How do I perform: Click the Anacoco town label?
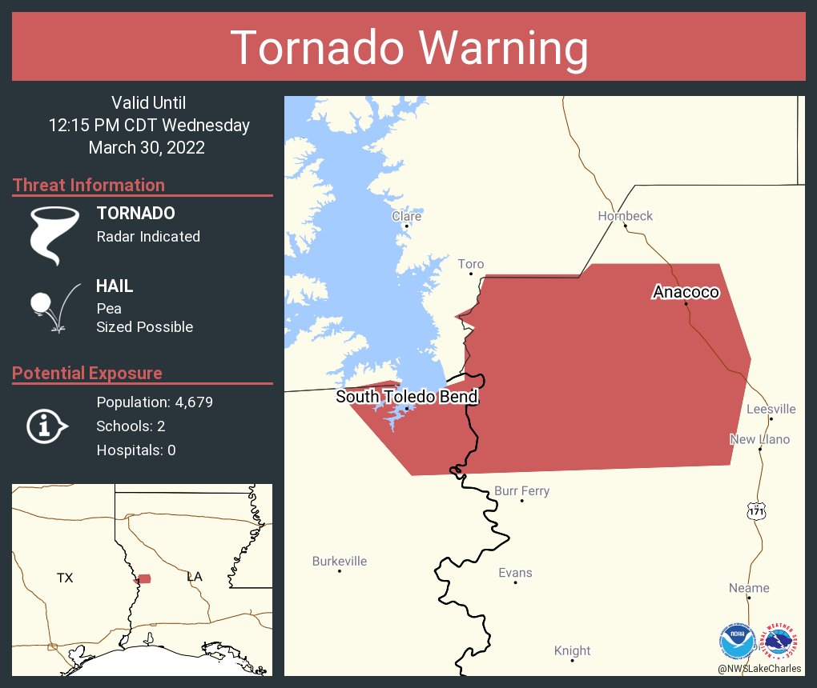(686, 292)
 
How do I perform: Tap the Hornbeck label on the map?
(625, 216)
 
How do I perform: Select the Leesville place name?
(771, 409)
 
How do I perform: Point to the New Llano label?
(759, 439)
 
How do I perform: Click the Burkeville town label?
(340, 561)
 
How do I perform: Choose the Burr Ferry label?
(521, 490)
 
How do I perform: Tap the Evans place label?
(515, 573)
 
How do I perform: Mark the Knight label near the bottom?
(572, 650)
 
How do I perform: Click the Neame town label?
(749, 588)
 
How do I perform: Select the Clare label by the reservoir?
(406, 216)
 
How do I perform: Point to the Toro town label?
(471, 264)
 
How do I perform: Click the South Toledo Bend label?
(407, 397)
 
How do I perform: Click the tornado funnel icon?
(55, 234)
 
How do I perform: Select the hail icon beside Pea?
(54, 306)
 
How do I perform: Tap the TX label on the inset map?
(65, 578)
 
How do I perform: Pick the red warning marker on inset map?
(144, 578)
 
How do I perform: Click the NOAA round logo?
(737, 641)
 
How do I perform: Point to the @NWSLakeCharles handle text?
(759, 669)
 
